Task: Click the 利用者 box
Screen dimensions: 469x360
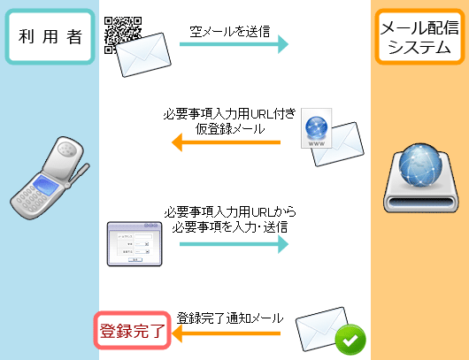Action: point(50,36)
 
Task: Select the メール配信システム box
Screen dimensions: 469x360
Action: point(419,36)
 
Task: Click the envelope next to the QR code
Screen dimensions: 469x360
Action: point(143,55)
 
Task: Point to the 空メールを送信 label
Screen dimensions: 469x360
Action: point(230,31)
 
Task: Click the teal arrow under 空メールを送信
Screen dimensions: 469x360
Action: point(234,44)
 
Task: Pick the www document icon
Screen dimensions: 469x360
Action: point(317,128)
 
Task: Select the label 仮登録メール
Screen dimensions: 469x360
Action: point(230,129)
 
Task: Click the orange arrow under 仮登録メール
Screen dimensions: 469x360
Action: point(227,142)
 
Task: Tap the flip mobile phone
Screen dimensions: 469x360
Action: point(50,178)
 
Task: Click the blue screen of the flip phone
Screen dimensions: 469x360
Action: point(46,185)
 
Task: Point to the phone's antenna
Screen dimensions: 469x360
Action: point(79,174)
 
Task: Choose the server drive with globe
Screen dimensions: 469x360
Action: point(421,178)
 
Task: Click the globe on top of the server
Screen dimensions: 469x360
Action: point(420,165)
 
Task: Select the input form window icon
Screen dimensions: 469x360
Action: point(135,244)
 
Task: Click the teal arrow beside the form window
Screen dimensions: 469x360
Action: point(234,244)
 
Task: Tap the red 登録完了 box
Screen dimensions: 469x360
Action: point(132,331)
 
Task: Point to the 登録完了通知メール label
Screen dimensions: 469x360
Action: point(230,318)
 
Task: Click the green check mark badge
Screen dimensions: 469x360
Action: point(350,340)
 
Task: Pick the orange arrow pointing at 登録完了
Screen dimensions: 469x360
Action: point(227,333)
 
